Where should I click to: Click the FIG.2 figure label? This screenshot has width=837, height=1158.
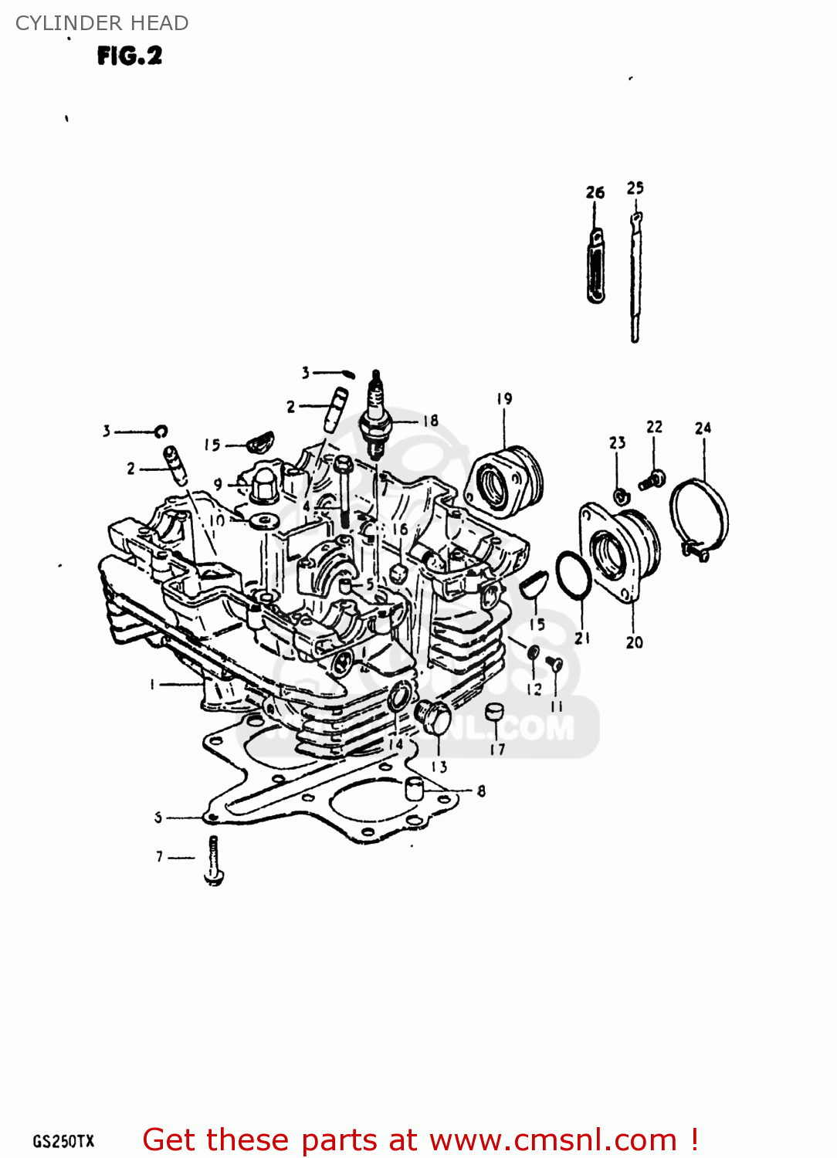coord(130,56)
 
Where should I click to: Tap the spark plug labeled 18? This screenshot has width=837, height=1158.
coord(376,417)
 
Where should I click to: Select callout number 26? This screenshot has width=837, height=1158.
coord(595,192)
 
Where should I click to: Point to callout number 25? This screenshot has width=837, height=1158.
coord(635,188)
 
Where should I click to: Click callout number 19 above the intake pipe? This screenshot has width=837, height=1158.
coord(504,398)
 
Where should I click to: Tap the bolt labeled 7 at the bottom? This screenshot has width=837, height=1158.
coord(214,860)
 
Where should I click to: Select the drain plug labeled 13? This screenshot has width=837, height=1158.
coord(433,719)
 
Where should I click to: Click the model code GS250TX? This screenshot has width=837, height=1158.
coord(63,1141)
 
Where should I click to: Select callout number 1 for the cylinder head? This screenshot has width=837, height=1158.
coord(152,684)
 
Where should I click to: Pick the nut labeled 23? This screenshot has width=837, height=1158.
coord(619,495)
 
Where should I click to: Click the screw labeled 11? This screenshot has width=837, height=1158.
coord(554,663)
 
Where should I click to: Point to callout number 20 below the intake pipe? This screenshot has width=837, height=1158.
coord(634,642)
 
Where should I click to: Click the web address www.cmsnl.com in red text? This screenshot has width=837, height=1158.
coord(553,1139)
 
